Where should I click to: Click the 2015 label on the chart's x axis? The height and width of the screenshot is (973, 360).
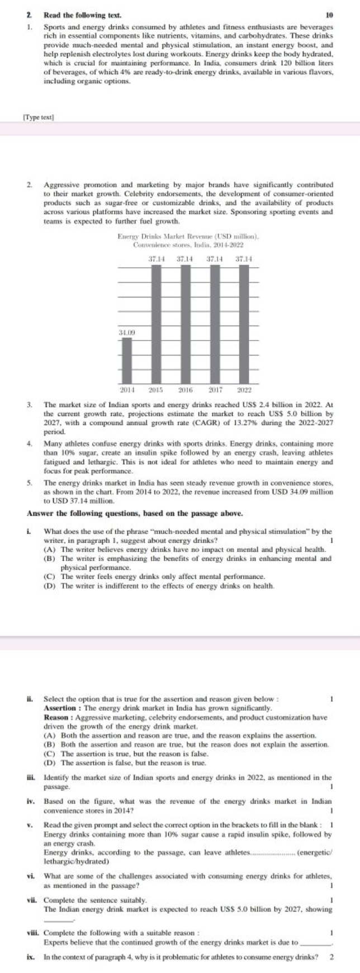155,389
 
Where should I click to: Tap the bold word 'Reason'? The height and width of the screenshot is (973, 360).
56,716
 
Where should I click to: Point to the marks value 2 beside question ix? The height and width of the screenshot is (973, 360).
331,956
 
